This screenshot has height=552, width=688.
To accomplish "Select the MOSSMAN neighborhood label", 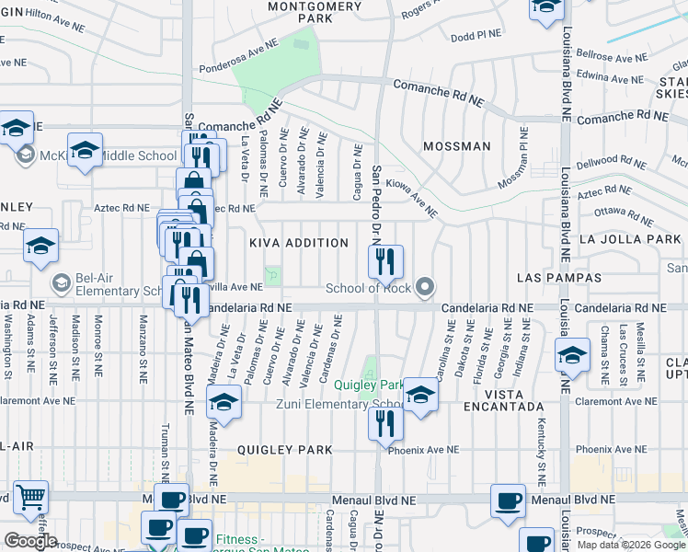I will click(456, 146).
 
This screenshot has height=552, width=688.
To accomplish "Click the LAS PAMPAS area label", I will click(558, 277).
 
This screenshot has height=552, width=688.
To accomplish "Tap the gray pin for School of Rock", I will click(424, 289).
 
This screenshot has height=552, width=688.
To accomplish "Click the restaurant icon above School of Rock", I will click(386, 261).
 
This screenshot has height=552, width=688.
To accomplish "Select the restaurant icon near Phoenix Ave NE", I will click(384, 424).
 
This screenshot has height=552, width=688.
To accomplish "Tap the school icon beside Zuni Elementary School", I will click(419, 395).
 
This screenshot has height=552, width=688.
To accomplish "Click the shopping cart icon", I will click(31, 497).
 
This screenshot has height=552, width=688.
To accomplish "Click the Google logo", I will click(29, 540).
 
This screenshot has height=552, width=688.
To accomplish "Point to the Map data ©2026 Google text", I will click(630, 544).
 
